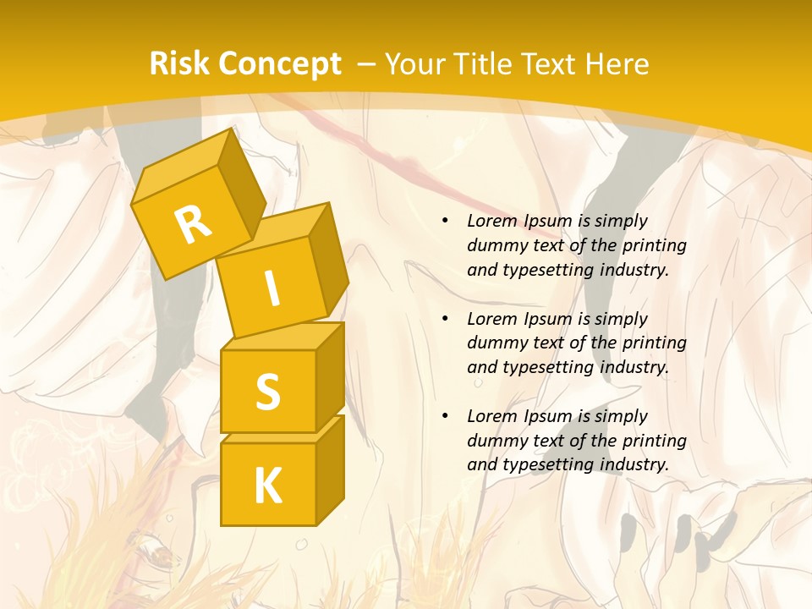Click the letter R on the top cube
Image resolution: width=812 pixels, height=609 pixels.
coord(194,224)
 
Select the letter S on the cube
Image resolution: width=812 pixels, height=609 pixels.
coord(267,392)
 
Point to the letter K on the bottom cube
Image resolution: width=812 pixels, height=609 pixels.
coord(267,486)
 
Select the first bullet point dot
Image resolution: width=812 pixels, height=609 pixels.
coord(445,222)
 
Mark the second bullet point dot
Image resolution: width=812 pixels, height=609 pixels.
coord(445,320)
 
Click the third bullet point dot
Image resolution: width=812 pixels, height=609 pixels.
coord(445,417)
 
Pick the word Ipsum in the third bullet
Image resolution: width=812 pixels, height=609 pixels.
coord(549,416)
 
